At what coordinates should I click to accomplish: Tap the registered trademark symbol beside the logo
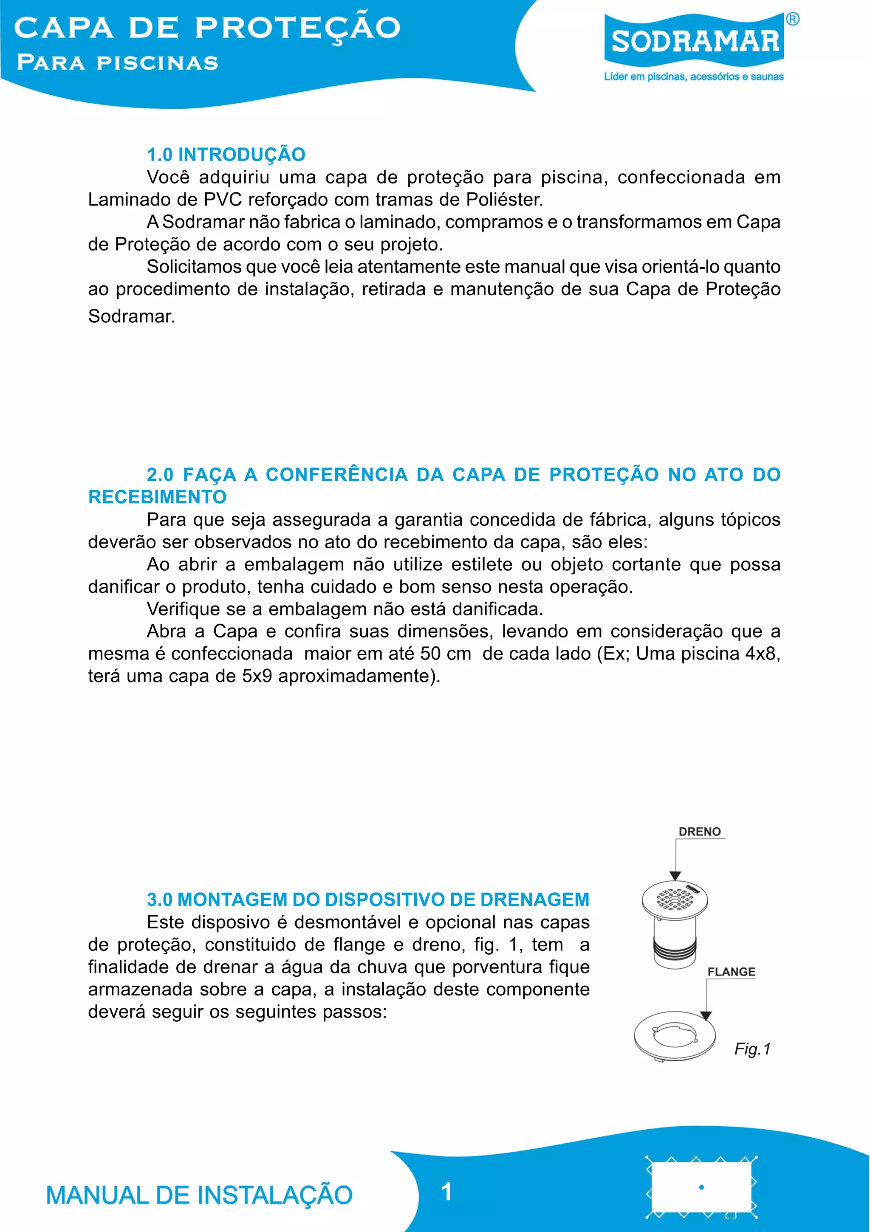click(793, 19)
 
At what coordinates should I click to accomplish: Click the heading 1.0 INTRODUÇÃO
click(226, 155)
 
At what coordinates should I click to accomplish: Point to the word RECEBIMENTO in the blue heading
click(157, 497)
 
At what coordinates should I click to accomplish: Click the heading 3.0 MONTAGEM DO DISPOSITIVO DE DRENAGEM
click(368, 899)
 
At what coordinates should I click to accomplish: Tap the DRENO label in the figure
click(699, 832)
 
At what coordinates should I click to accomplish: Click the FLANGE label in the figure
click(731, 972)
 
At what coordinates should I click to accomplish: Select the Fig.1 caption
click(752, 1049)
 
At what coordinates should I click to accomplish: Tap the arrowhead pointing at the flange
click(706, 1015)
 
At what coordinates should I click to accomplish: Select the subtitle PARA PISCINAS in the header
click(118, 63)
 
